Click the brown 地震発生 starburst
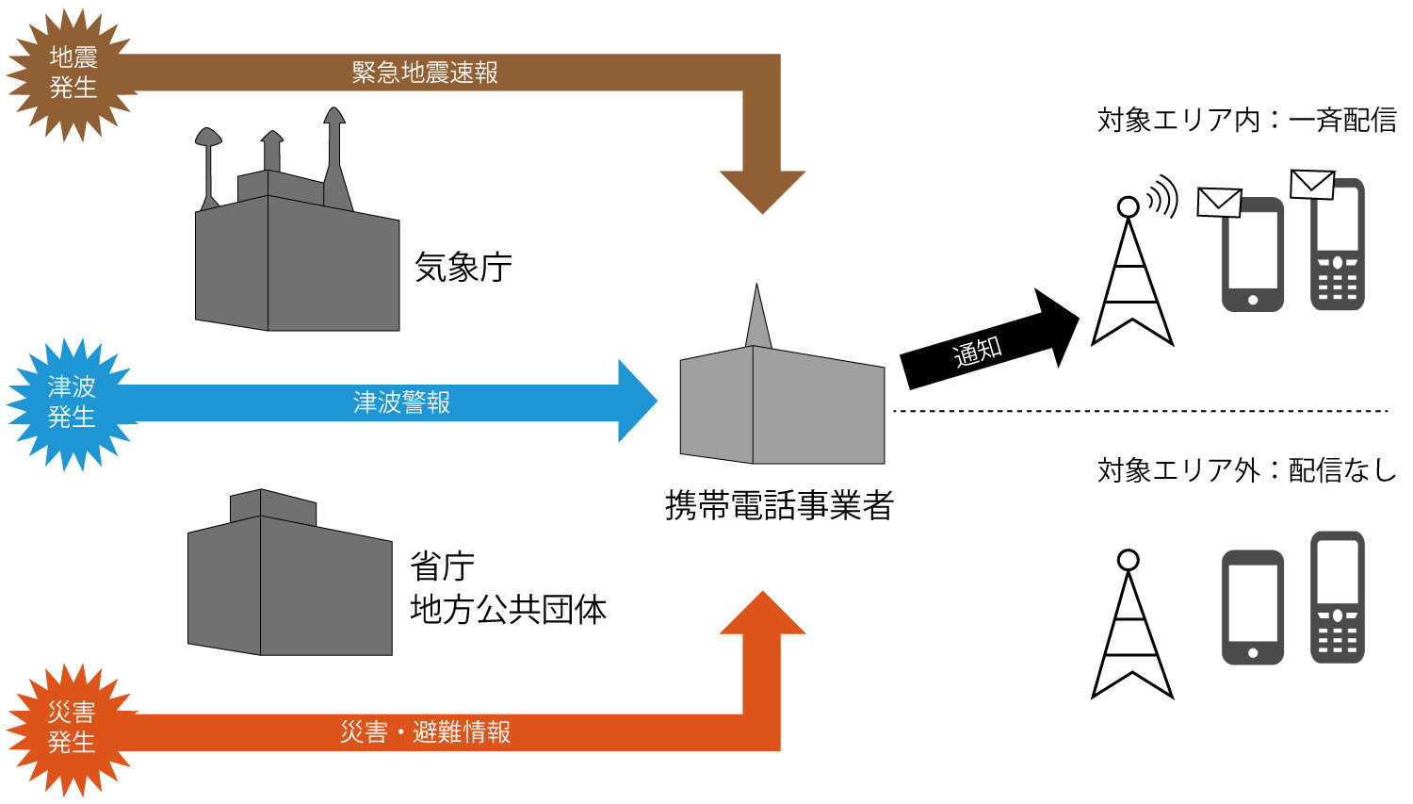pyautogui.click(x=73, y=74)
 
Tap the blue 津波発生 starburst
pyautogui.click(x=72, y=402)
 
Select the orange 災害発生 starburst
pyautogui.click(x=72, y=728)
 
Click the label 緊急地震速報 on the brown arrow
pyautogui.click(x=425, y=73)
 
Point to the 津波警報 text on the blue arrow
pyautogui.click(x=402, y=402)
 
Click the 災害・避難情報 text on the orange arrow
pyautogui.click(x=425, y=732)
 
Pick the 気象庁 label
pyautogui.click(x=463, y=268)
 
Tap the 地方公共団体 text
pyautogui.click(x=508, y=610)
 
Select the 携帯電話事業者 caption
pyautogui.click(x=779, y=506)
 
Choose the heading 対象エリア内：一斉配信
pyautogui.click(x=1246, y=120)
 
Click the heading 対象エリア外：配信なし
pyautogui.click(x=1246, y=469)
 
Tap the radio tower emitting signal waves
pyautogui.click(x=1131, y=273)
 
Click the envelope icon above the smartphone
pyautogui.click(x=1219, y=202)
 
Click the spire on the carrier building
pyautogui.click(x=757, y=317)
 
